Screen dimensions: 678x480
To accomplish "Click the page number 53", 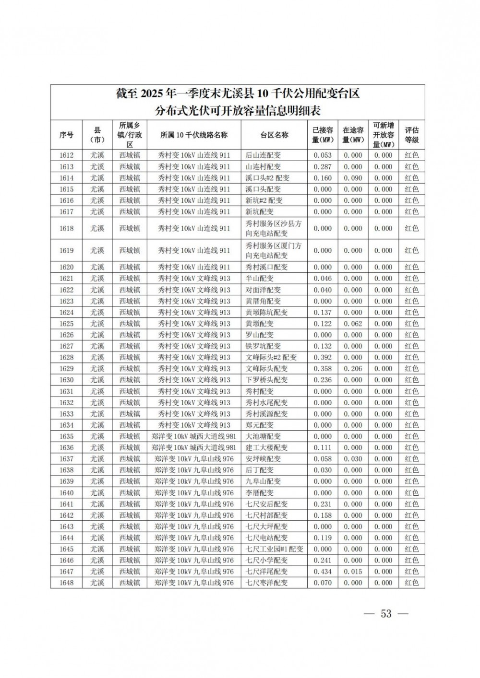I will (386, 614).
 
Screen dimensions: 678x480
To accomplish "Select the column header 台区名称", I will (274, 135).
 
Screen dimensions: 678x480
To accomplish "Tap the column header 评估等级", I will (411, 135).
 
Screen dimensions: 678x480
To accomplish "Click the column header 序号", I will (66, 135).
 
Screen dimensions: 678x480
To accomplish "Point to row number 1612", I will (66, 155).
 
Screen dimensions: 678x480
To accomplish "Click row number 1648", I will (66, 583).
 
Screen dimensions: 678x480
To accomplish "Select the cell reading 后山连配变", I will (263, 155).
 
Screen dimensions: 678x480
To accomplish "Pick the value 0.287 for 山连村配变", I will (323, 167).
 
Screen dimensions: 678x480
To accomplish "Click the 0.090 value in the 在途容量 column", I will (353, 178).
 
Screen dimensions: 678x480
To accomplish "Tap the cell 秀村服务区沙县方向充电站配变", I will (274, 228).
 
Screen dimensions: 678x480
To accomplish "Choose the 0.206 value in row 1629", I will (353, 369).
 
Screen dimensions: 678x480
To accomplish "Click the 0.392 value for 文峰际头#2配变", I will (323, 357).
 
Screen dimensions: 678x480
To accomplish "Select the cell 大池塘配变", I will (263, 436).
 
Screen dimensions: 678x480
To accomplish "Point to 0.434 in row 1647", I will (323, 572).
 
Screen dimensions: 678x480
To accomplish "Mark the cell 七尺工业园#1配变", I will (275, 549).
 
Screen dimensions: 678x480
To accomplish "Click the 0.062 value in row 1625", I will (353, 324).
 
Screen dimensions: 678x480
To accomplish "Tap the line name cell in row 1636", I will (194, 447).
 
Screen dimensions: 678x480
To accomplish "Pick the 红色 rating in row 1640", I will (411, 493).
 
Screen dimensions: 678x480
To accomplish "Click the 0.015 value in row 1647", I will (353, 572).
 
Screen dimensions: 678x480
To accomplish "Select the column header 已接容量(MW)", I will (323, 135).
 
